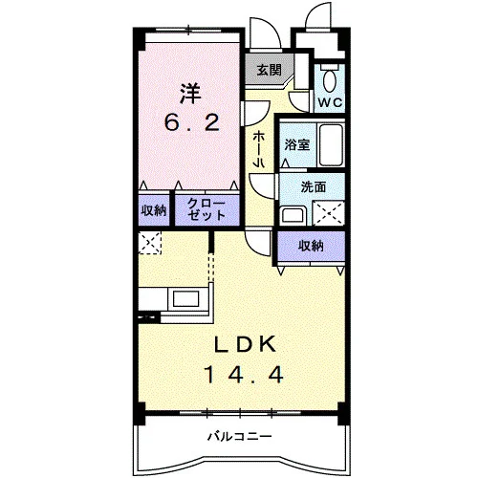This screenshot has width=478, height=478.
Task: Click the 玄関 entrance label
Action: [270, 70]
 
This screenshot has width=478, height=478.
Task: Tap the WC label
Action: [331, 102]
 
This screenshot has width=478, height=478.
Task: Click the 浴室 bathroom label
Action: [297, 144]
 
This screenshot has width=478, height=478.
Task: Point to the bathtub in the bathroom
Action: [331, 145]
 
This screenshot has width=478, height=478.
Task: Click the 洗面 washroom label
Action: [314, 187]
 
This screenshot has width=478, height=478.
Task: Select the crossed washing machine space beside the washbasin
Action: [329, 213]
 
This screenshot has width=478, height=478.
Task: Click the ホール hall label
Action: [258, 150]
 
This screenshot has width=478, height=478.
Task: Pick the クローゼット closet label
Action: [206, 209]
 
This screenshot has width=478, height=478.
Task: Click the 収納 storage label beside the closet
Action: [154, 210]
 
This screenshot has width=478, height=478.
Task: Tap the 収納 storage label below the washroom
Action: [311, 246]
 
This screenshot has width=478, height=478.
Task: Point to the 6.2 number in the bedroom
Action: [192, 122]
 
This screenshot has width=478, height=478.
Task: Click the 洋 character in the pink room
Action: [190, 93]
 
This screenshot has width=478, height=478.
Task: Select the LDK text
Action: [245, 344]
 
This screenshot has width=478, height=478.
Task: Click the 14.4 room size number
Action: [244, 374]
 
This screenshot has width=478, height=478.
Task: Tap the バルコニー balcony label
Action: [240, 436]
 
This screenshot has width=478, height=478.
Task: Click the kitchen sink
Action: [185, 299]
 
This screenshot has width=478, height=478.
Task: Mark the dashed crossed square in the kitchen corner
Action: [150, 243]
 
